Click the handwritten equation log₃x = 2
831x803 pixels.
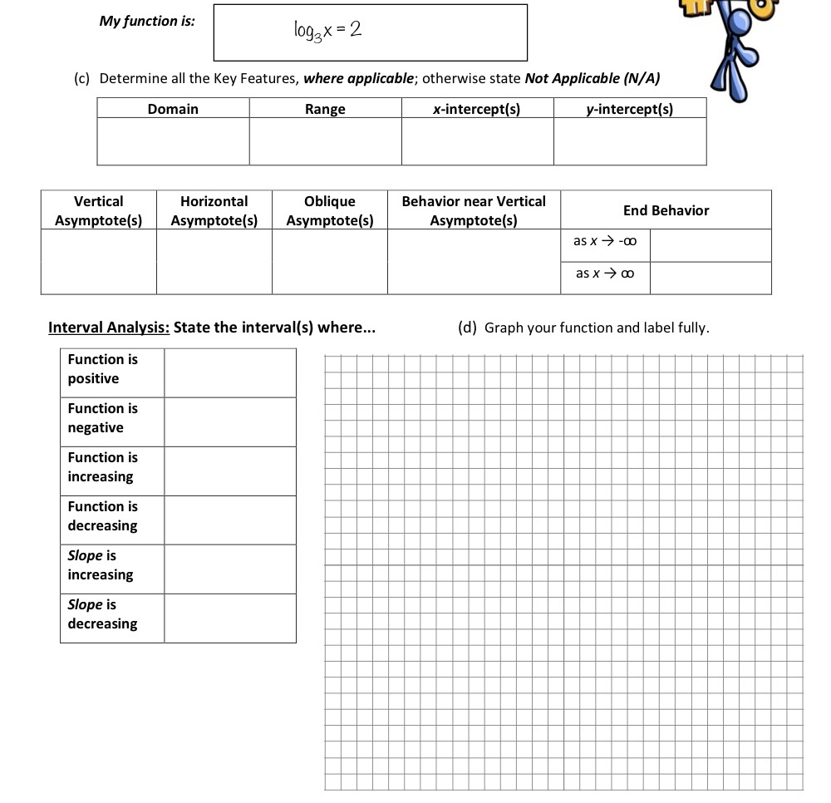click(327, 31)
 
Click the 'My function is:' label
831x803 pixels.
click(147, 22)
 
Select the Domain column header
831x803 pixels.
click(173, 109)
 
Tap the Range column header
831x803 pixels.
click(325, 109)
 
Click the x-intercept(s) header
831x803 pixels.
click(477, 109)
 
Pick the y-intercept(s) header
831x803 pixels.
click(630, 109)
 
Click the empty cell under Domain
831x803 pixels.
click(173, 141)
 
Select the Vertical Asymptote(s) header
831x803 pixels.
click(98, 211)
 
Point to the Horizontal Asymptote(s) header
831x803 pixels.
click(214, 211)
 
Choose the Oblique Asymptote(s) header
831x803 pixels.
click(329, 211)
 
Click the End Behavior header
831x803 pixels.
click(666, 210)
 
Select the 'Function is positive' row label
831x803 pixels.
click(103, 369)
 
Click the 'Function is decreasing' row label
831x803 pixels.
click(103, 516)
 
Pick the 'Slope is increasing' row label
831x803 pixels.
click(101, 565)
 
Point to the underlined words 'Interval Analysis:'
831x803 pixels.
click(109, 327)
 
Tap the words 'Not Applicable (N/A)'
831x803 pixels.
click(593, 78)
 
